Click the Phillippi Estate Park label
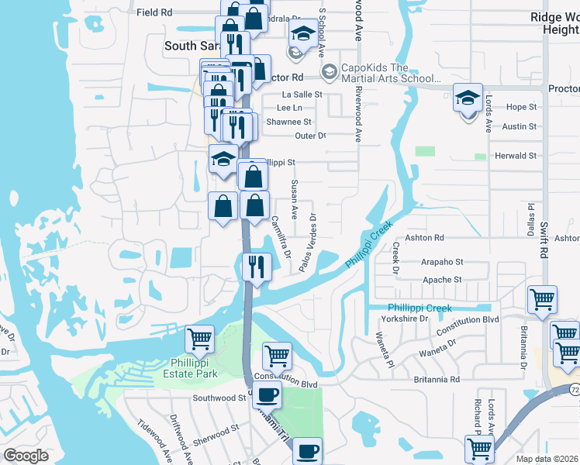195,367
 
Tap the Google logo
26,456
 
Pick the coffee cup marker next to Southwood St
267,394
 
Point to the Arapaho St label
443,263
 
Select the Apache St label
442,280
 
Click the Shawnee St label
288,122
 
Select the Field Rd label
154,12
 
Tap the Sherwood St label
216,431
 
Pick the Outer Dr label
311,136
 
